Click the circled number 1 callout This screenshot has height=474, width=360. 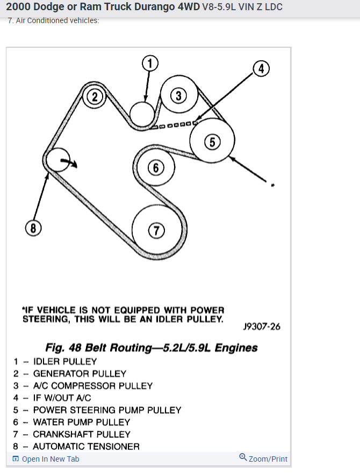[x=150, y=63]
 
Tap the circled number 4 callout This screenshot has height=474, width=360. [x=260, y=69]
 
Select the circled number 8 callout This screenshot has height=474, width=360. [x=33, y=228]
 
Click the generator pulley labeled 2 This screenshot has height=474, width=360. [x=95, y=97]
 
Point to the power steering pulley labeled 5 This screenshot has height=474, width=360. [x=212, y=142]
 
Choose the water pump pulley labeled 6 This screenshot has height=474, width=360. [x=155, y=168]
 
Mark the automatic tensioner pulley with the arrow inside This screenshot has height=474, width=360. [x=57, y=160]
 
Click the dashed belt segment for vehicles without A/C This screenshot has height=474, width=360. [x=175, y=126]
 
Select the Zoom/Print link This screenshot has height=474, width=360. [x=263, y=459]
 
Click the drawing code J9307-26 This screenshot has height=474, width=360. [x=262, y=326]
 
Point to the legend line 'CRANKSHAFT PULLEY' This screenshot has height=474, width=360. [x=82, y=434]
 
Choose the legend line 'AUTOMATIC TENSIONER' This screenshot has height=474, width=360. [x=86, y=447]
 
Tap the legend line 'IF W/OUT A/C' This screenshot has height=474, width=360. [x=62, y=398]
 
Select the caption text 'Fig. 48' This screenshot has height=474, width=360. [x=62, y=348]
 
